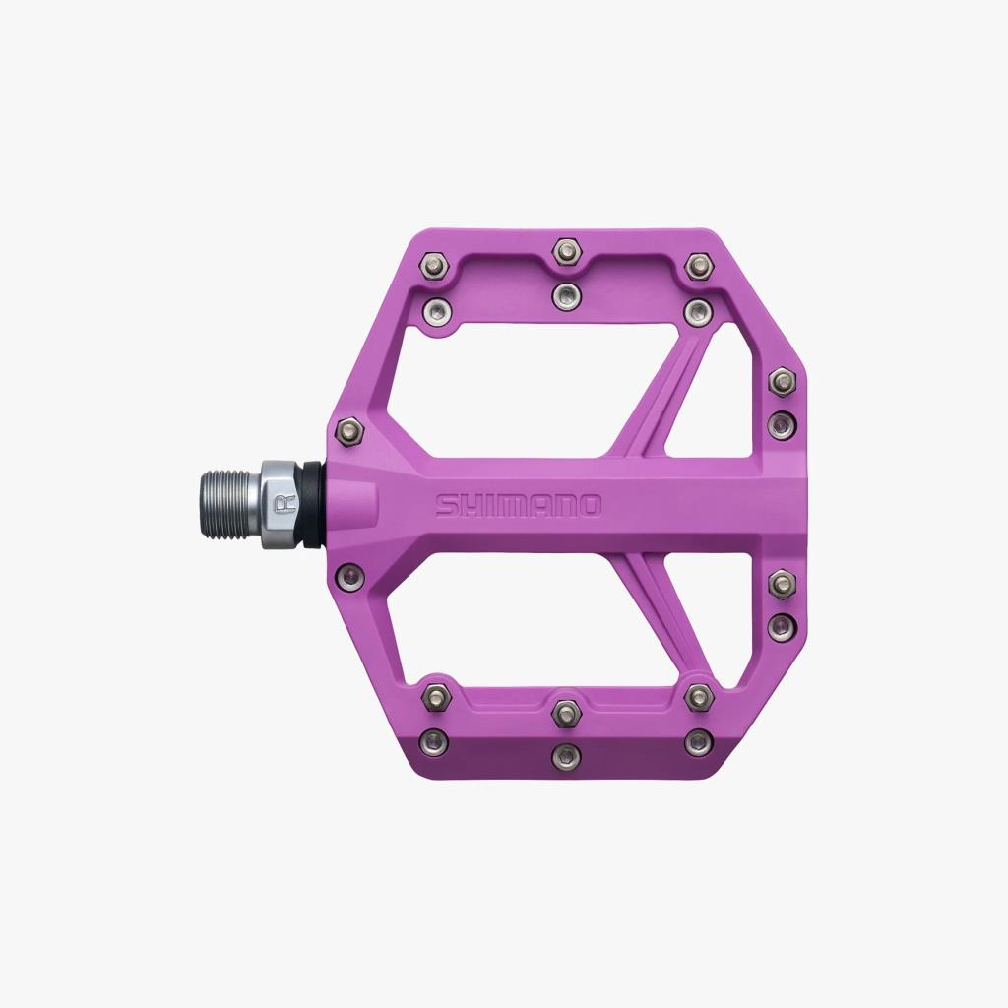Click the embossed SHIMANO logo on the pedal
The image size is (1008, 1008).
[x=518, y=505]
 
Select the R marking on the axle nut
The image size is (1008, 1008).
[x=284, y=505]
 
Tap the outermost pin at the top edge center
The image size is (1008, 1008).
[x=565, y=250]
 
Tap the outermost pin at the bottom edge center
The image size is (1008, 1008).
[x=565, y=756]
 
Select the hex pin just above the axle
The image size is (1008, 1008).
[x=349, y=430]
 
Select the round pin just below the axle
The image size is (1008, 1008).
[x=349, y=575]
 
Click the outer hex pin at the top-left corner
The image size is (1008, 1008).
[x=434, y=264]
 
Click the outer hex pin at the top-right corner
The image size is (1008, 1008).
[x=698, y=265]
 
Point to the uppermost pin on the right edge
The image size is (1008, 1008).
[x=782, y=380]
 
